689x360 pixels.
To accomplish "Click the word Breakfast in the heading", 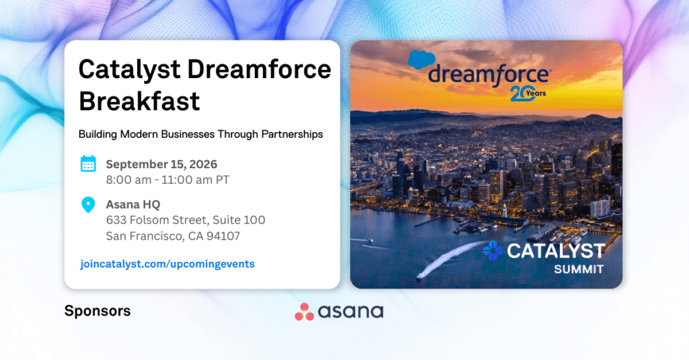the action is click(x=139, y=101).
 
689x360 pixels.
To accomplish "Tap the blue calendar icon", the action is click(x=88, y=164).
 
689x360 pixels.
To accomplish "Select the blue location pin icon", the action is click(x=88, y=205).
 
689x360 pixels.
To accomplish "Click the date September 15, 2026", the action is click(x=161, y=164).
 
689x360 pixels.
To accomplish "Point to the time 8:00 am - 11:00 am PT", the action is click(x=168, y=180).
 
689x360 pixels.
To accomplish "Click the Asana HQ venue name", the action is click(x=133, y=205).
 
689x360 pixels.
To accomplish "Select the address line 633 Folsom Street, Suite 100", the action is click(x=186, y=220).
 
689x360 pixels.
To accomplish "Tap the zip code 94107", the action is click(x=223, y=236).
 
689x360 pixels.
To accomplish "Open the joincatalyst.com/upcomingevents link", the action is click(x=168, y=264).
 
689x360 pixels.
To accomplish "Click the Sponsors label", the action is click(x=98, y=311).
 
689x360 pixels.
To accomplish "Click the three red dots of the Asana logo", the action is click(x=304, y=312).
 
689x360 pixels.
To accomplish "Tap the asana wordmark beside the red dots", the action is click(x=351, y=312).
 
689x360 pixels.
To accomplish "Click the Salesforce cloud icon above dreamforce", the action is click(x=421, y=59).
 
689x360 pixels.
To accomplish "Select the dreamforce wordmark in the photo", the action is click(x=488, y=75).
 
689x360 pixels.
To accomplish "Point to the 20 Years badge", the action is click(x=528, y=94).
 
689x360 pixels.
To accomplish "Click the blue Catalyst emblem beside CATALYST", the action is click(x=493, y=250).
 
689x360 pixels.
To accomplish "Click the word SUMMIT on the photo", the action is click(x=579, y=269).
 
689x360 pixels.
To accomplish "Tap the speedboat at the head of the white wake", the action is click(x=421, y=276).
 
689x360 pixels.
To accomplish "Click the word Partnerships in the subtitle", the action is click(x=292, y=135).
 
